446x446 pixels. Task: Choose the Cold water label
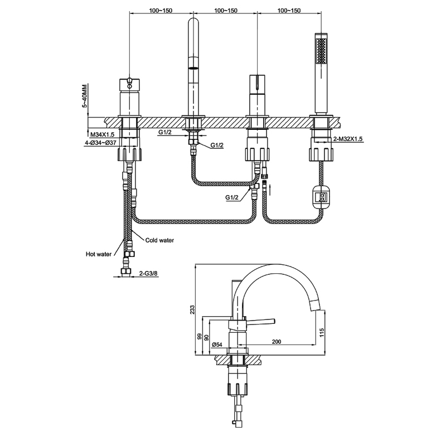coord(159,240)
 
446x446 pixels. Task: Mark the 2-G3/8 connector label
coord(148,273)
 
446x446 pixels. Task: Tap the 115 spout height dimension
coord(322,333)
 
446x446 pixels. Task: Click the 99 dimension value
coord(198,337)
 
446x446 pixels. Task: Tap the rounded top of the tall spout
coord(193,25)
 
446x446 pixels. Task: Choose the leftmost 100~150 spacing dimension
coord(161,11)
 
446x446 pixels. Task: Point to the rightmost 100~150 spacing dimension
coord(288,11)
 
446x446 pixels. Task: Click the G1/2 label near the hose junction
coord(233,197)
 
